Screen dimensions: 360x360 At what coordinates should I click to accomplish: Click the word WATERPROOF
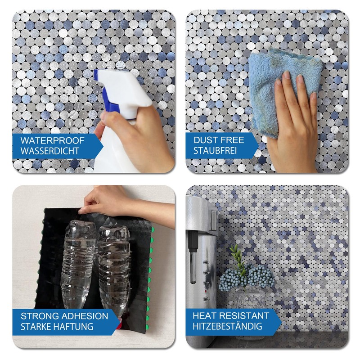tap(46, 140)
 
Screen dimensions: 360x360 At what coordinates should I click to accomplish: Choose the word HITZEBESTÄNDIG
tap(228, 327)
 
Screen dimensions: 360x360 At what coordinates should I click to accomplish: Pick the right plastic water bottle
tap(114, 265)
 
